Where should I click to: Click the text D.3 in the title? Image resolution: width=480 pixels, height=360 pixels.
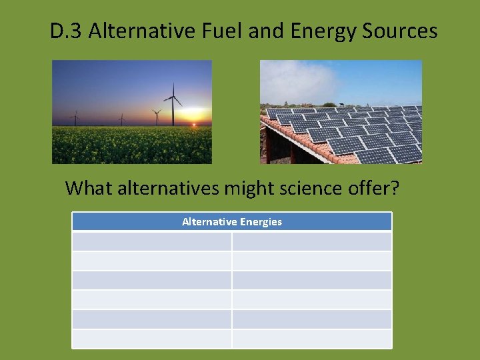tap(66, 31)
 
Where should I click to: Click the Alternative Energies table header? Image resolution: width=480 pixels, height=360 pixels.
tap(232, 221)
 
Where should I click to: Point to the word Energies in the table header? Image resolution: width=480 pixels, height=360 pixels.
tap(260, 221)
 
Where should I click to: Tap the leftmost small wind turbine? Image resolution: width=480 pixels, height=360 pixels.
tap(75, 118)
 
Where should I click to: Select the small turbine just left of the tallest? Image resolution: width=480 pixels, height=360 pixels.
tap(157, 117)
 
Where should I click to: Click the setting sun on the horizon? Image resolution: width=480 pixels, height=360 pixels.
tap(194, 123)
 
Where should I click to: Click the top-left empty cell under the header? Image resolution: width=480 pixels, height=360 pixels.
tap(152, 241)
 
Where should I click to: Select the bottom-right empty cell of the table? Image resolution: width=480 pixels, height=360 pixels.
tap(312, 339)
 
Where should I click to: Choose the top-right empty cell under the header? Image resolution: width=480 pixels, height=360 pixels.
tap(312, 241)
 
